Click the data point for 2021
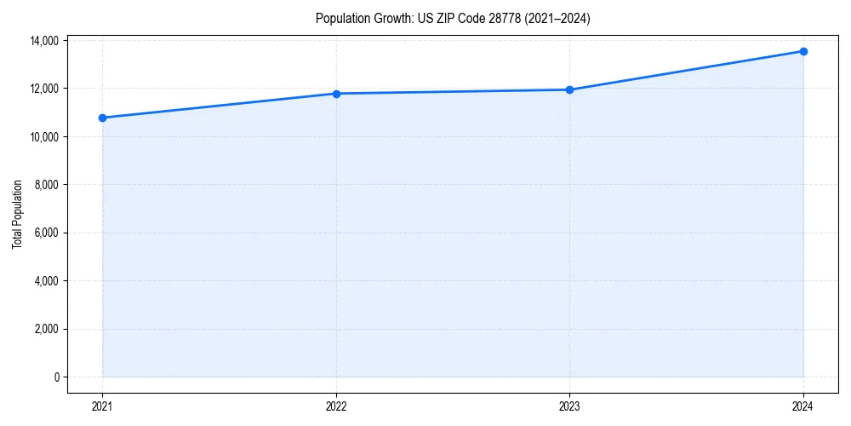[102, 118]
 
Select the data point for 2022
[336, 94]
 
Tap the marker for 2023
[569, 89]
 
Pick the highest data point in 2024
[803, 51]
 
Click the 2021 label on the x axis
[102, 406]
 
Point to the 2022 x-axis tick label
[336, 406]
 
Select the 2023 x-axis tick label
[569, 406]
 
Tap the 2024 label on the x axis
[803, 406]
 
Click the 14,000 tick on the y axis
[44, 41]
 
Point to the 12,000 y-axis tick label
[44, 89]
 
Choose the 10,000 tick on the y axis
[44, 137]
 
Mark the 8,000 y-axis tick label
[47, 185]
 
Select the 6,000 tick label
[47, 233]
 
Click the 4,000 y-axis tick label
[47, 281]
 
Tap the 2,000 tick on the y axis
[47, 329]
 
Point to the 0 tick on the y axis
[57, 377]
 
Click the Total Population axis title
[17, 214]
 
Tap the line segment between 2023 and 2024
[686, 71]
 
